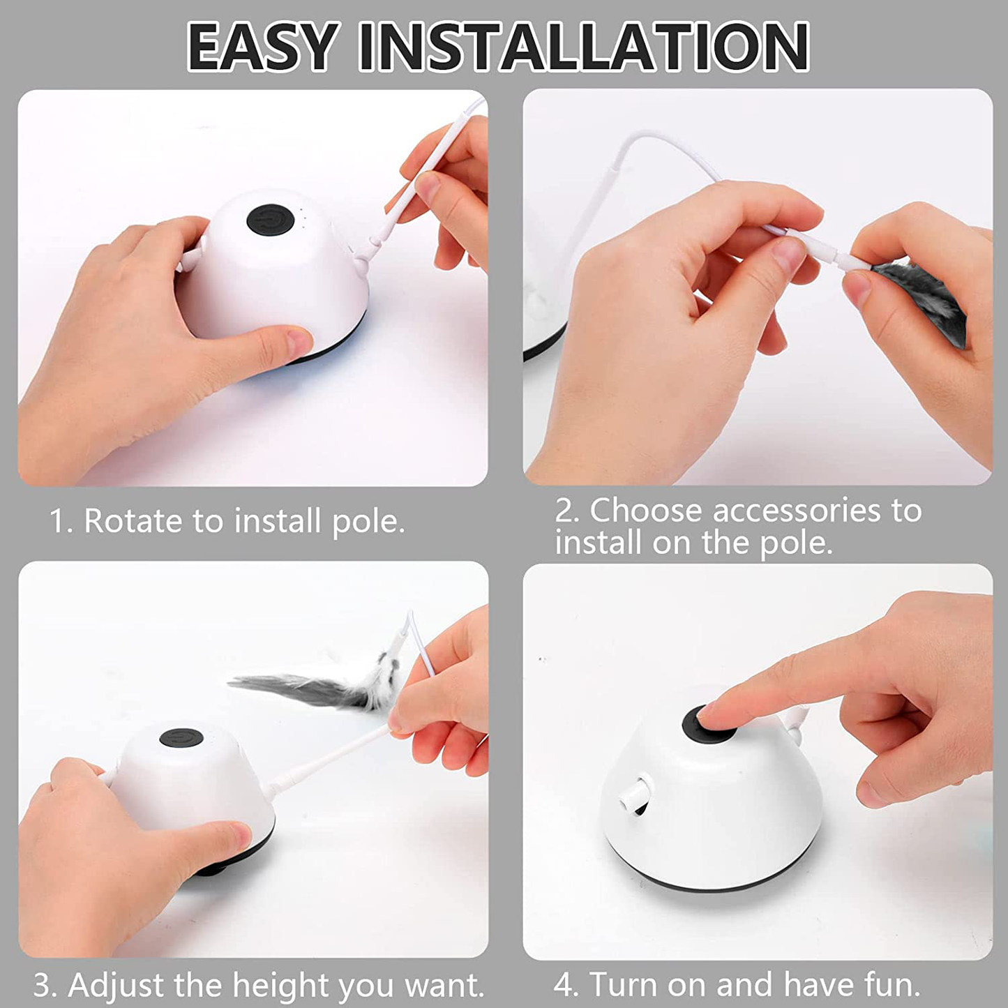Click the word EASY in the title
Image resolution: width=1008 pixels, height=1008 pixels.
coord(260,47)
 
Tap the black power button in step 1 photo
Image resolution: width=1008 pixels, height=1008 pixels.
coord(270,220)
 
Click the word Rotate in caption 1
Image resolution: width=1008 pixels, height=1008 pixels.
coord(133,521)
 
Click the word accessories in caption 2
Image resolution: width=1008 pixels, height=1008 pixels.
coord(796,511)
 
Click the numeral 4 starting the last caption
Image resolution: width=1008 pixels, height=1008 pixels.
coord(563,984)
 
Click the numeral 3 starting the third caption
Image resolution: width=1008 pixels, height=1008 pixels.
coord(43,985)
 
